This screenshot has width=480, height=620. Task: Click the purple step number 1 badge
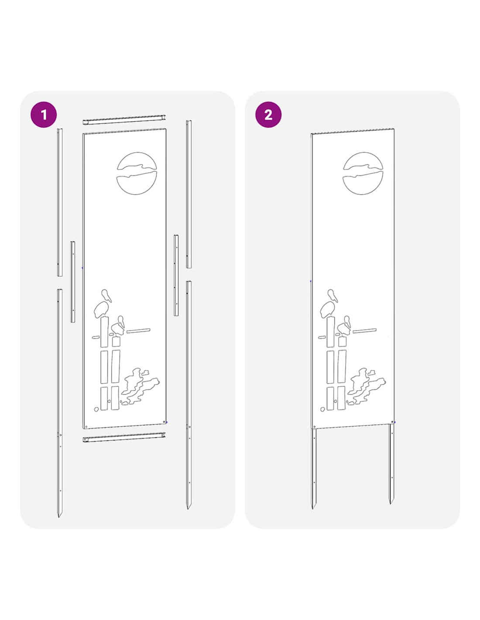[x=43, y=115]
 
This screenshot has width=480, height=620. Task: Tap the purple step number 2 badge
[x=268, y=115]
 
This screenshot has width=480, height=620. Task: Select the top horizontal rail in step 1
[x=124, y=119]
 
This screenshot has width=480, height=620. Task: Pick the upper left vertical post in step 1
[x=60, y=202]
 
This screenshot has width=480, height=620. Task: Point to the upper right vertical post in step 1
[x=189, y=194]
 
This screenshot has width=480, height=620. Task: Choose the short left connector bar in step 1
[x=73, y=282]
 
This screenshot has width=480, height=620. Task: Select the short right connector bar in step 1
[x=176, y=275]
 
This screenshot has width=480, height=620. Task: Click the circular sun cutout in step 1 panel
[x=137, y=173]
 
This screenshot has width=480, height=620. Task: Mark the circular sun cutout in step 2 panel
[x=363, y=173]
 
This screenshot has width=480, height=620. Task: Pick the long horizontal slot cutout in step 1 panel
[x=138, y=330]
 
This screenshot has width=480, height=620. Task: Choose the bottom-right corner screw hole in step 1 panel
[x=164, y=422]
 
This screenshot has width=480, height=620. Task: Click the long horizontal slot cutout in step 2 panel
[x=365, y=330]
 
